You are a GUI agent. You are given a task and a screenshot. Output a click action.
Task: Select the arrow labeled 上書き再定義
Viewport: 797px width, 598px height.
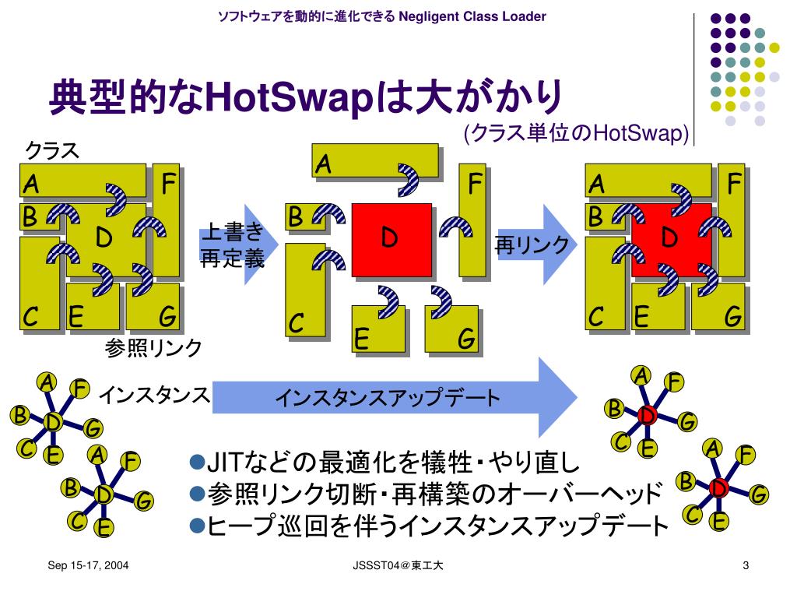click(233, 244)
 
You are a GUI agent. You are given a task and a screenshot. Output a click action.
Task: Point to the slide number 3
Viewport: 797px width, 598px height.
click(746, 566)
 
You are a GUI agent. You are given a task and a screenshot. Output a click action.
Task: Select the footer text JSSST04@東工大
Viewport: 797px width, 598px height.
click(397, 566)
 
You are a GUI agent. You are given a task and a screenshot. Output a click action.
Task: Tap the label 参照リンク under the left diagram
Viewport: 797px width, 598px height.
click(154, 348)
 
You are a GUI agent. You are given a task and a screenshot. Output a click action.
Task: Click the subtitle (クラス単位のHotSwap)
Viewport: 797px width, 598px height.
click(576, 134)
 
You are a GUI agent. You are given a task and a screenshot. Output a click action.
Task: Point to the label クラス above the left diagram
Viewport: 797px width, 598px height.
click(53, 149)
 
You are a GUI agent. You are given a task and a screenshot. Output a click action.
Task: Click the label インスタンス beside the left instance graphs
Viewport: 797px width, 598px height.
click(154, 396)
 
